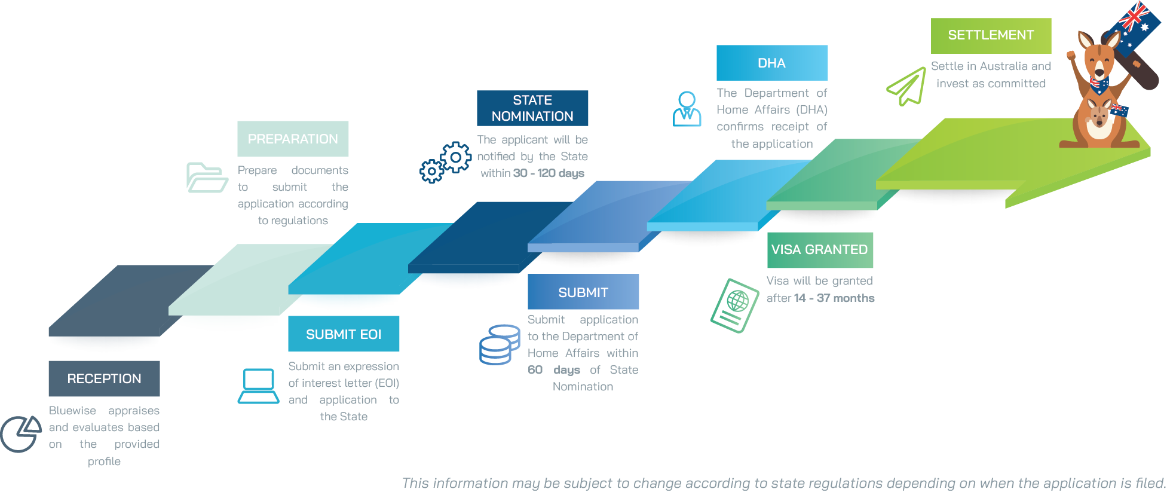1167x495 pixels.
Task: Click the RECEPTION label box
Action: pos(104,378)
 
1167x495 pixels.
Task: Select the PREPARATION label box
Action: pos(293,139)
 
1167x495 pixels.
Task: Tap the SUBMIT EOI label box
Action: pos(344,334)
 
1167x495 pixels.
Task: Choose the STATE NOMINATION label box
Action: pos(532,108)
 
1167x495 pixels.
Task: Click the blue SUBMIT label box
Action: pos(583,292)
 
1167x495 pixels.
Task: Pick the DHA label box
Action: pos(772,63)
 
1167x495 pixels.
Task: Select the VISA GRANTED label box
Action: pos(820,250)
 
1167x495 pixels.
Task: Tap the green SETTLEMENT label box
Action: pos(991,35)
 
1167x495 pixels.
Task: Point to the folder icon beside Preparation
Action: pos(206,178)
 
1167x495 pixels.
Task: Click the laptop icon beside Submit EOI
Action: pos(258,386)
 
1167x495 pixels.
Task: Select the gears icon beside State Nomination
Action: pos(445,162)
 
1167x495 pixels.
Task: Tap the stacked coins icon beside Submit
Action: pos(499,344)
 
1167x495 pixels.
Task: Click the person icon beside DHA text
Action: pos(687,109)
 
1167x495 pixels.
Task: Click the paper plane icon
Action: pos(906,87)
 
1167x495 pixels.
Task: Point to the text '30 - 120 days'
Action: pos(549,173)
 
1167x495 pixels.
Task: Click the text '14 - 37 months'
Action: pos(834,298)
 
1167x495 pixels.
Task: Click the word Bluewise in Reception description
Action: pos(72,411)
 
